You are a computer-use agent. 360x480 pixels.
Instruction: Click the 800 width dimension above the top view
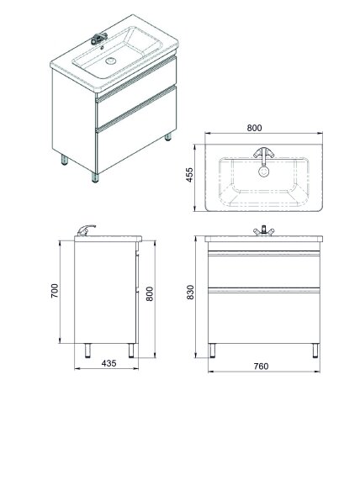[254, 128]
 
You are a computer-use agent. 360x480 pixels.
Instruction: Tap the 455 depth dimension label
[189, 175]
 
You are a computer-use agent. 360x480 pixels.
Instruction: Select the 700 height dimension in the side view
[55, 291]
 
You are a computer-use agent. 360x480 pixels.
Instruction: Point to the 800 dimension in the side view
[150, 294]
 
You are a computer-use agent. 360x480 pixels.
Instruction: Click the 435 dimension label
[109, 363]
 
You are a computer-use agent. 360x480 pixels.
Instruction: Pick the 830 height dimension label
[190, 292]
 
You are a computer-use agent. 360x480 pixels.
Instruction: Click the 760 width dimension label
[261, 367]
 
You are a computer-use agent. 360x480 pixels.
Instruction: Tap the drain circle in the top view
[263, 171]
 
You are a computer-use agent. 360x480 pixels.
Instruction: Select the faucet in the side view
[86, 230]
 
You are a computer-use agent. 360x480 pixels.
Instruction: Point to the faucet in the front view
[263, 231]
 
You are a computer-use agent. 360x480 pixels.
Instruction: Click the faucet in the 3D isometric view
[99, 39]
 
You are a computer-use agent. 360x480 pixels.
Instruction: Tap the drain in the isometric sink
[110, 61]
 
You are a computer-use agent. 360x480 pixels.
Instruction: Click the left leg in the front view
[212, 351]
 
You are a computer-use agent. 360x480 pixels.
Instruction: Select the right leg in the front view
[315, 351]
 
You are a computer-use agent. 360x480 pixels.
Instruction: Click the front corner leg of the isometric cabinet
[95, 177]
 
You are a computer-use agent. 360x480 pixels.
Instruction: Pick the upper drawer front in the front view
[264, 269]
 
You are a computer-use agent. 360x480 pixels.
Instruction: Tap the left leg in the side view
[87, 351]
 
